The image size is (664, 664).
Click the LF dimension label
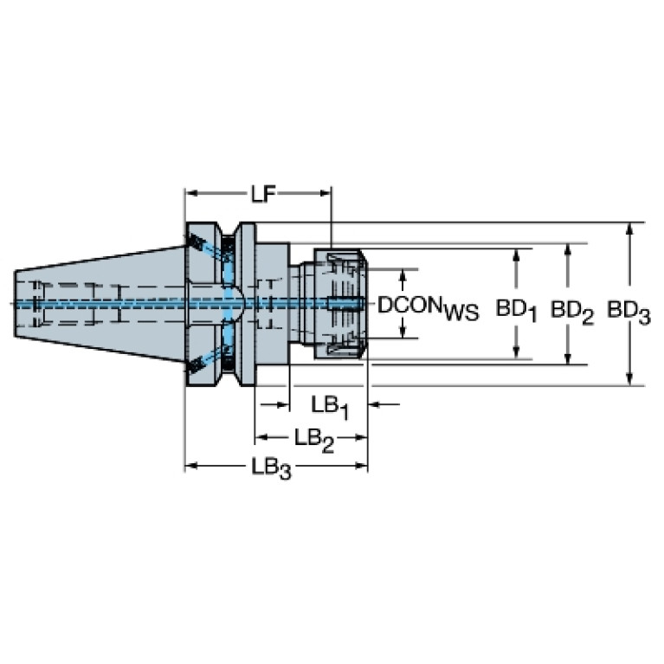pyautogui.click(x=263, y=195)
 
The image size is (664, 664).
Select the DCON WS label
pyautogui.click(x=428, y=307)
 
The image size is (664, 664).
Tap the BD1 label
pyautogui.click(x=516, y=311)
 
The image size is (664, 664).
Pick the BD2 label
pyautogui.click(x=571, y=313)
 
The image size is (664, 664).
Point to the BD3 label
pyautogui.click(x=629, y=313)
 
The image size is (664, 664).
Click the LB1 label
pyautogui.click(x=330, y=408)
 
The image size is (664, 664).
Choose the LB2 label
pyautogui.click(x=314, y=441)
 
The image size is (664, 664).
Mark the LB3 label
pyautogui.click(x=272, y=469)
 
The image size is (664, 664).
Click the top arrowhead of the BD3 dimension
pyautogui.click(x=629, y=229)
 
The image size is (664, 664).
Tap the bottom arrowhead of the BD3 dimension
pyautogui.click(x=629, y=379)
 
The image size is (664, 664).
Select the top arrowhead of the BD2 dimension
pyautogui.click(x=568, y=250)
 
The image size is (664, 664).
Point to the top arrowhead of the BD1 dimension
pyautogui.click(x=516, y=255)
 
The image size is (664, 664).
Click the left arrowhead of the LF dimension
pyautogui.click(x=192, y=193)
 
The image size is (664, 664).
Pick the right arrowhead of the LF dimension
pyautogui.click(x=326, y=193)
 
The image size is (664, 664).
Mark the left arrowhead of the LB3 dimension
pyautogui.click(x=192, y=466)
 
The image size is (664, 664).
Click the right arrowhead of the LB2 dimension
pyautogui.click(x=361, y=437)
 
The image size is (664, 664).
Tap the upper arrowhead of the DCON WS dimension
pyautogui.click(x=403, y=275)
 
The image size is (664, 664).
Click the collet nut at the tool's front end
pyautogui.click(x=340, y=304)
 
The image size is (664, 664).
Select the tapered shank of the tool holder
pyautogui.click(x=100, y=304)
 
